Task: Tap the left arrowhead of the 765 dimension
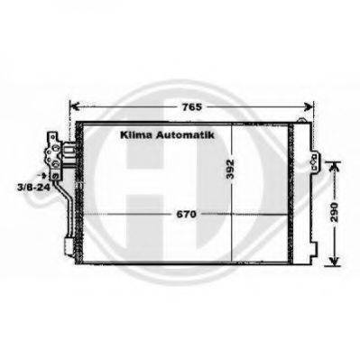[x=74, y=107]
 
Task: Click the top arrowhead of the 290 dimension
[x=334, y=166]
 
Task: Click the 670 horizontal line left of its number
[x=126, y=214]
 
